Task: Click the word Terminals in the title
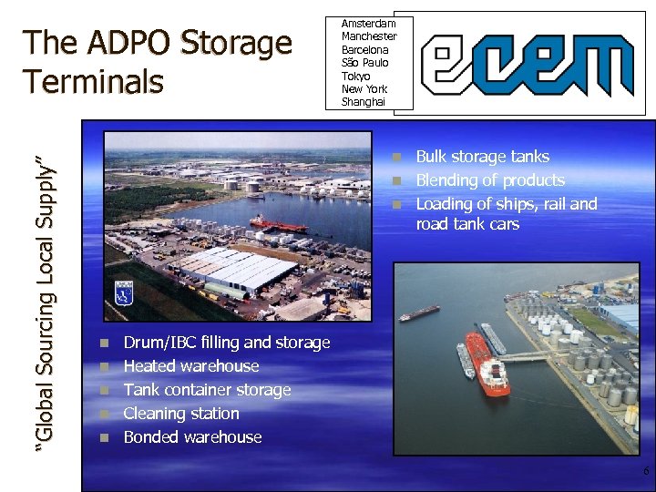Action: [95, 81]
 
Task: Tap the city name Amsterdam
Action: [368, 23]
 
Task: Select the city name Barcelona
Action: [364, 49]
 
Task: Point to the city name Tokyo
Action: [355, 76]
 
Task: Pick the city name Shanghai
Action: [364, 102]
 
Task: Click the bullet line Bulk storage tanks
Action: [483, 157]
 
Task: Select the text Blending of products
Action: [490, 180]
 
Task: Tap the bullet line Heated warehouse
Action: [191, 366]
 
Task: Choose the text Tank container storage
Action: [207, 390]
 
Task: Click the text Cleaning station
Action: [181, 414]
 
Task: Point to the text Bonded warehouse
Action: [192, 437]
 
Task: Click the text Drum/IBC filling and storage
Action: [226, 343]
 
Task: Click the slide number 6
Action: [645, 472]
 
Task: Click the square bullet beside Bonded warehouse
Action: [105, 437]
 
